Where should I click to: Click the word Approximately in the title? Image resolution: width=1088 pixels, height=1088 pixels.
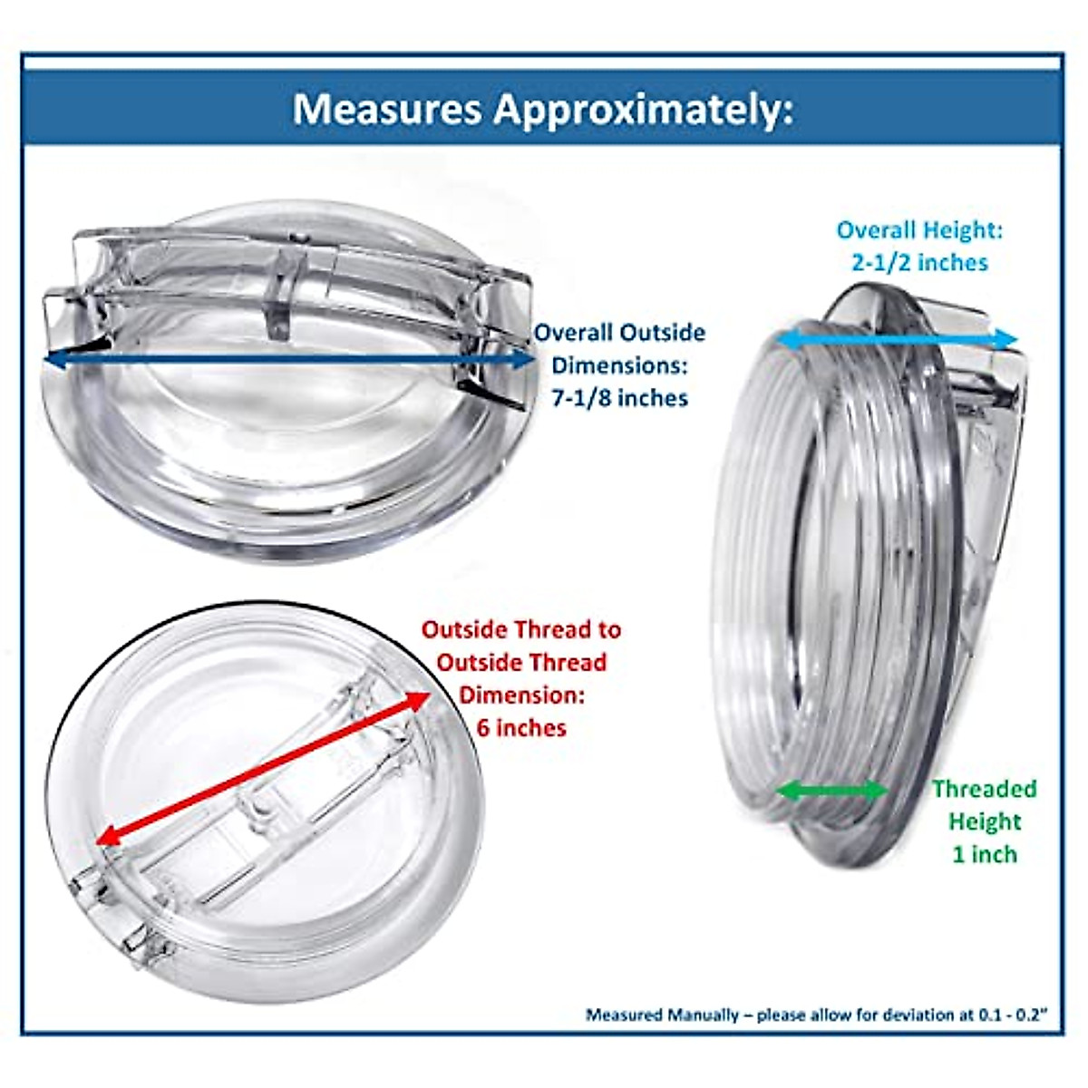[643, 111]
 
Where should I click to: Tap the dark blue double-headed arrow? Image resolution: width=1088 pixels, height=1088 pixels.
[290, 360]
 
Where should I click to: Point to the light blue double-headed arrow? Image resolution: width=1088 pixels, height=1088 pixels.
[898, 339]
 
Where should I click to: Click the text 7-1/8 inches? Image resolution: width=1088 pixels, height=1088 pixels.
[620, 398]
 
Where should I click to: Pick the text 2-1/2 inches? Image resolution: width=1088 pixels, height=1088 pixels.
[919, 263]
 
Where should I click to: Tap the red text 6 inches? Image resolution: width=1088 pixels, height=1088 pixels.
[521, 728]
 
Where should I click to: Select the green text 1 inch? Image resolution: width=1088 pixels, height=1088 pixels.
[985, 854]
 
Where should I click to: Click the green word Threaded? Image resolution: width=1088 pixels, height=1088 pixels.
[985, 789]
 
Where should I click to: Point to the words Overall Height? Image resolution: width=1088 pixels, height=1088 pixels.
[919, 230]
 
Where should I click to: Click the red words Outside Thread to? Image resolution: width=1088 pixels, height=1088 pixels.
[521, 629]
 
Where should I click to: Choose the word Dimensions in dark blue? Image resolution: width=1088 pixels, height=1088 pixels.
[620, 365]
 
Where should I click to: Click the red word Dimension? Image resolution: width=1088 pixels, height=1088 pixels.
[521, 695]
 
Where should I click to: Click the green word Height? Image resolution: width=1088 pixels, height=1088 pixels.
[985, 821]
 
